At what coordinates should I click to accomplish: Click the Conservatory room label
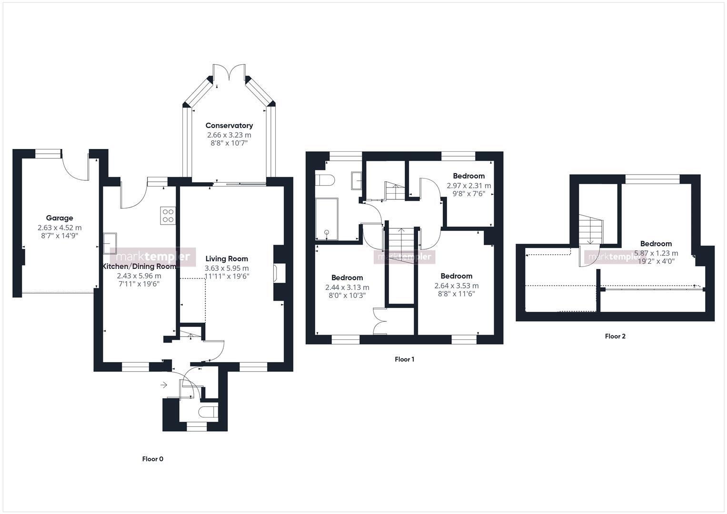(x=229, y=126)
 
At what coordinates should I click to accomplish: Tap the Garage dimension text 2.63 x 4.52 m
(x=60, y=227)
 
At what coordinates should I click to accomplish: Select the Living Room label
(x=227, y=259)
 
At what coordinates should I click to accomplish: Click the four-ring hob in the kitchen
(x=168, y=216)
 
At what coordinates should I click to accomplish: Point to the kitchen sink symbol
(x=110, y=240)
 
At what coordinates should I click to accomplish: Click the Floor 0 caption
(x=152, y=459)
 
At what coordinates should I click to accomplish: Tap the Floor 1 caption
(x=404, y=359)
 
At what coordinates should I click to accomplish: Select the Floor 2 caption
(x=615, y=336)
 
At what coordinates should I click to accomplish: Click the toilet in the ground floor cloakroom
(x=208, y=412)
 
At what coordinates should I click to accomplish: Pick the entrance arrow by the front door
(x=164, y=385)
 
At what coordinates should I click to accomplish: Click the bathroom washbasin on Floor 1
(x=357, y=180)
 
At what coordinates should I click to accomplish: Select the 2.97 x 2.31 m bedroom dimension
(x=468, y=186)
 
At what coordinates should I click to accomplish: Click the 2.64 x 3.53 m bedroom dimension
(x=456, y=286)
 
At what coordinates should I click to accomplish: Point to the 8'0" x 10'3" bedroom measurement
(x=347, y=296)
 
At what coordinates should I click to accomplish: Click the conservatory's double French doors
(x=229, y=72)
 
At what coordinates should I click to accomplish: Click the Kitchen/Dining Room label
(x=139, y=267)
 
